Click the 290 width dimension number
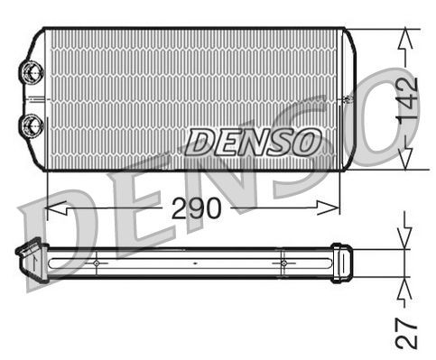(196, 208)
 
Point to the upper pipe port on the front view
(32, 70)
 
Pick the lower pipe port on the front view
(32, 124)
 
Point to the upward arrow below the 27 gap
(405, 287)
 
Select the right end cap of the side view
(340, 262)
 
